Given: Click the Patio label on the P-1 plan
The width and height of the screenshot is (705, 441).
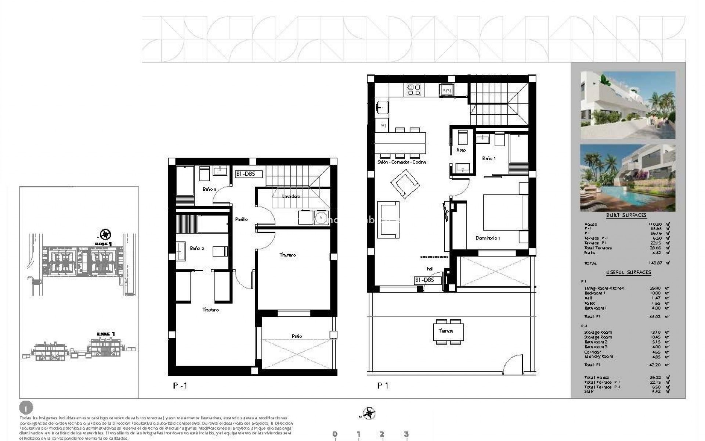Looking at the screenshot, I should (x=297, y=336).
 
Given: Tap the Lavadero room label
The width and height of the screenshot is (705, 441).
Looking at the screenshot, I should (x=291, y=197).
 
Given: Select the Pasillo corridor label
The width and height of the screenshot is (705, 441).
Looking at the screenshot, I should (x=241, y=219).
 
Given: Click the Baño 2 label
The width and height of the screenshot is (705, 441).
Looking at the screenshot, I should (x=197, y=248).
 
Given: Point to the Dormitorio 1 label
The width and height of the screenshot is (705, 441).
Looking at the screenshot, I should (x=488, y=238).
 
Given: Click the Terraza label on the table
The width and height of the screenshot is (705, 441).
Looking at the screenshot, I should (x=446, y=331).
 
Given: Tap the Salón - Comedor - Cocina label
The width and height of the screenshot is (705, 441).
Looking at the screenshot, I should (x=402, y=162).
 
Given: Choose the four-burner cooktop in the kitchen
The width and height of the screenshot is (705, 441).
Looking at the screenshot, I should (x=414, y=90).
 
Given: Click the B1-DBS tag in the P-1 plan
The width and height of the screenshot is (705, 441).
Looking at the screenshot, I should (x=249, y=174).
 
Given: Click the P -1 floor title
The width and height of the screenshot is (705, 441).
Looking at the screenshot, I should (x=180, y=386).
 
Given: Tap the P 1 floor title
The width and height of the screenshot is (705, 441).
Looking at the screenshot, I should (x=383, y=386).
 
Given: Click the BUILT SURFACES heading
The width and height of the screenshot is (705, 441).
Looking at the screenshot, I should (x=626, y=215).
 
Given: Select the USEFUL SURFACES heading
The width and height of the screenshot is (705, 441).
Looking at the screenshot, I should (x=628, y=272).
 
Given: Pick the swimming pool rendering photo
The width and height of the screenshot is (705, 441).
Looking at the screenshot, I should (x=628, y=178).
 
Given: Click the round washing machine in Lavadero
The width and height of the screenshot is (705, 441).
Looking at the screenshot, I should (x=321, y=218).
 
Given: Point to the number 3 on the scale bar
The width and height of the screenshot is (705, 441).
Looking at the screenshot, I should (x=406, y=434).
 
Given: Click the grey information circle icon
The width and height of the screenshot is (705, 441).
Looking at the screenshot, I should (x=26, y=408).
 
